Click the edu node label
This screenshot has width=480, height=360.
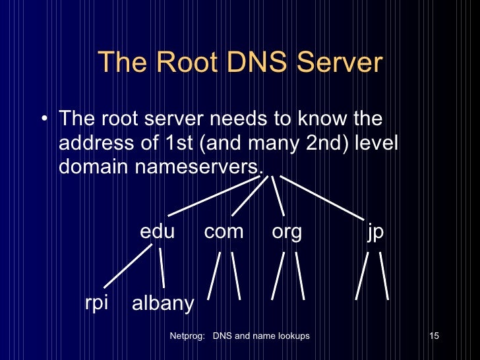click(x=157, y=232)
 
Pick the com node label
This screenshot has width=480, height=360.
click(x=224, y=232)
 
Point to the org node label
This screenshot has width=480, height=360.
click(x=287, y=232)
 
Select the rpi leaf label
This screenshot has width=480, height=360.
click(x=96, y=303)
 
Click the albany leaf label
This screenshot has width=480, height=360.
click(x=163, y=304)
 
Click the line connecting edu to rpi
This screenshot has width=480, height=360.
click(x=128, y=267)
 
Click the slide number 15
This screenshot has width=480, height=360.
click(x=434, y=336)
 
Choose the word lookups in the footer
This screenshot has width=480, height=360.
click(x=290, y=336)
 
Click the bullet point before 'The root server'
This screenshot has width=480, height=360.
click(x=44, y=121)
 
